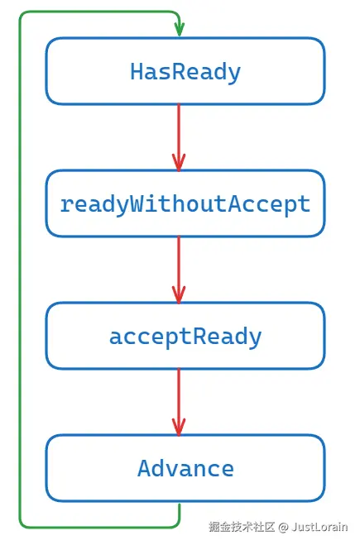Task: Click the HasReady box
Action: (185, 72)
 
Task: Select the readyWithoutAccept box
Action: (185, 204)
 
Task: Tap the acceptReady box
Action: (185, 337)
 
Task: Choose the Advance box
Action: (185, 469)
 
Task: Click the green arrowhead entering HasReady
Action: (179, 31)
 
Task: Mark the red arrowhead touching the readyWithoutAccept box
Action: (179, 162)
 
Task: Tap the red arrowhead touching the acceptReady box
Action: (179, 294)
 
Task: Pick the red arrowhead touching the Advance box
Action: (179, 427)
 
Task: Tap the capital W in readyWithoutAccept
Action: (138, 204)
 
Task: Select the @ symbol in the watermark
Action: (282, 527)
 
